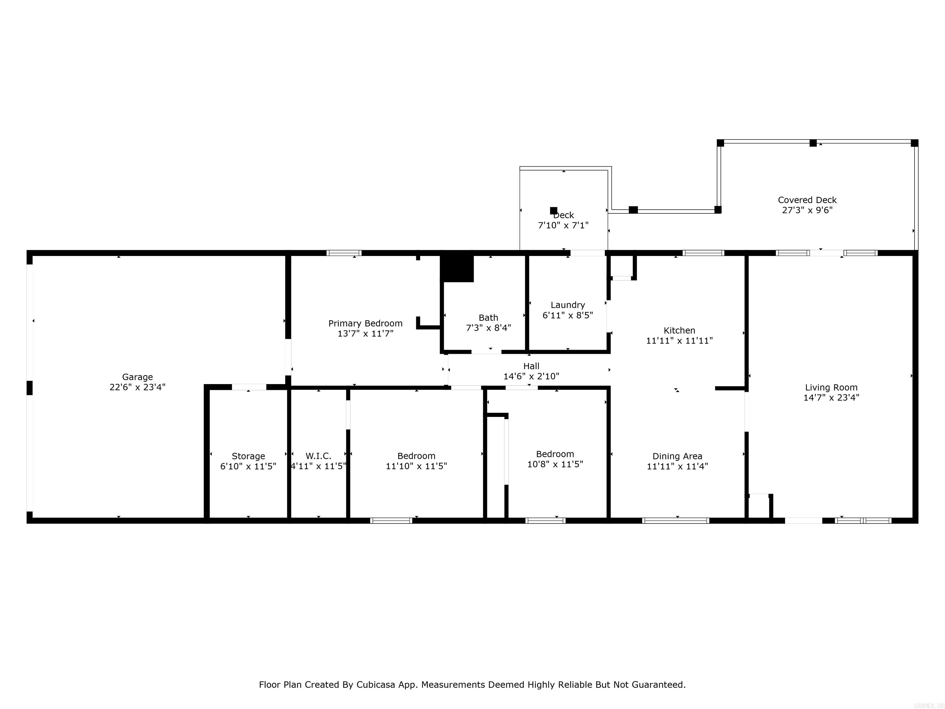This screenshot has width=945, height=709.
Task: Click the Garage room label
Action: [137, 377]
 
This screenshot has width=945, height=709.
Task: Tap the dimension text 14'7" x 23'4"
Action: [831, 398]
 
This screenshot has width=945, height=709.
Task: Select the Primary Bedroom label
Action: [365, 323]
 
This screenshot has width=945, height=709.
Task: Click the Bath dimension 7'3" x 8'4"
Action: [488, 328]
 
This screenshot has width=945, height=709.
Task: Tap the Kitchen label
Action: [679, 330]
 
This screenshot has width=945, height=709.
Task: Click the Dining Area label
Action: [677, 456]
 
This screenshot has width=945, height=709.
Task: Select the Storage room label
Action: [248, 456]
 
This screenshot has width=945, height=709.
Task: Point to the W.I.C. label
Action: [318, 456]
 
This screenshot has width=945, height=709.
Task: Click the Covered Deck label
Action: [807, 200]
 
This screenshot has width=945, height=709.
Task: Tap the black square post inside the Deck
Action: [553, 210]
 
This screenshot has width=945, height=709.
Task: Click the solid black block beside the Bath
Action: [457, 268]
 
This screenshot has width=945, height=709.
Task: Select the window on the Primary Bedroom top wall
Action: [344, 253]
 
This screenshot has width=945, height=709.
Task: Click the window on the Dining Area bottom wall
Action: [676, 521]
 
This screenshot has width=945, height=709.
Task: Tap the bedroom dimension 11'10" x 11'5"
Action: [416, 466]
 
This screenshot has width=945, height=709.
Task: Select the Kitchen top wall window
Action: [703, 253]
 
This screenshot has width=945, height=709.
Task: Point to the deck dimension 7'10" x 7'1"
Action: [563, 225]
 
